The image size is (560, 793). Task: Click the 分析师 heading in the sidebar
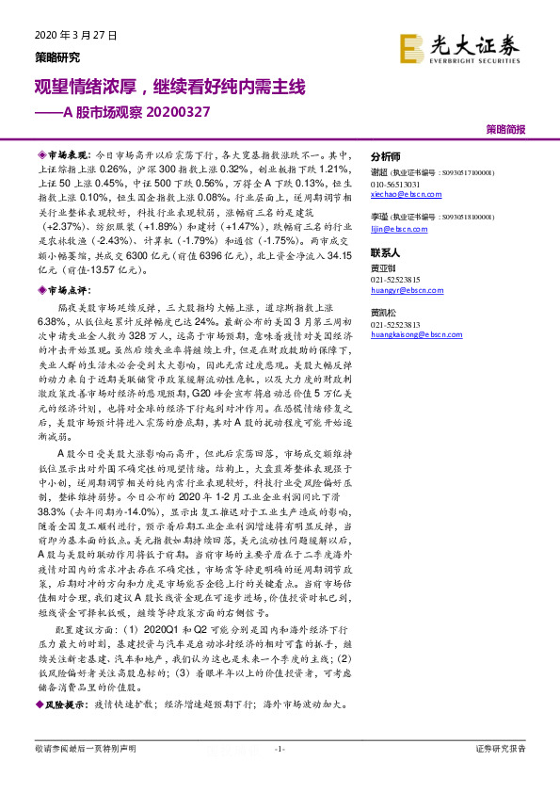tap(386, 156)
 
